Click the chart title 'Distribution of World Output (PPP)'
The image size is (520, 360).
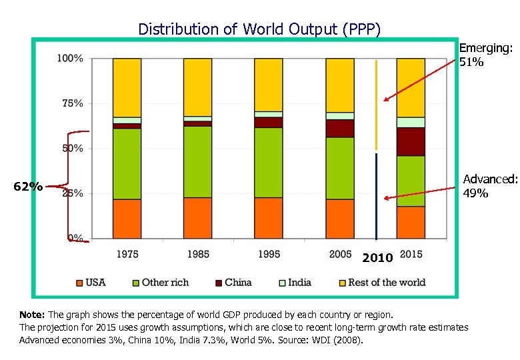pyautogui.click(x=259, y=29)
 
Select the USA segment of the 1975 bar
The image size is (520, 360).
pyautogui.click(x=127, y=219)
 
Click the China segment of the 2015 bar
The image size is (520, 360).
pyautogui.click(x=411, y=141)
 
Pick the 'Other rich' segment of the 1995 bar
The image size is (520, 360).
pyautogui.click(x=269, y=162)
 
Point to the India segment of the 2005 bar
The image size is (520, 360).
pyautogui.click(x=339, y=116)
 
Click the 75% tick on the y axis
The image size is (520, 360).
pyautogui.click(x=73, y=103)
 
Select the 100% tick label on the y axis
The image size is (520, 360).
pyautogui.click(x=71, y=59)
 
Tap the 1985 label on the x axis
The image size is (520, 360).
pyautogui.click(x=198, y=253)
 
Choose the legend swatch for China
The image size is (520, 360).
pyautogui.click(x=217, y=283)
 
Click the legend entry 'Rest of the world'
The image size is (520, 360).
pyautogui.click(x=387, y=283)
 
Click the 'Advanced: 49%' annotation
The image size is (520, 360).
pyautogui.click(x=490, y=186)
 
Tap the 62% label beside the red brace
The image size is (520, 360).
pyautogui.click(x=29, y=187)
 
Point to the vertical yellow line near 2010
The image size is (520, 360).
pyautogui.click(x=377, y=105)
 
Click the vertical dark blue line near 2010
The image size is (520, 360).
pyautogui.click(x=377, y=197)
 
